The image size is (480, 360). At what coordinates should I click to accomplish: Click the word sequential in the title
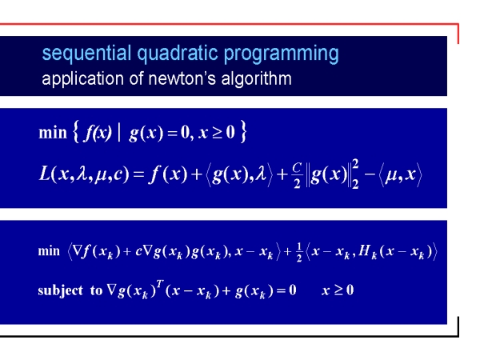[x=86, y=54]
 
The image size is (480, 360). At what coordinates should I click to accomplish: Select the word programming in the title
[x=281, y=54]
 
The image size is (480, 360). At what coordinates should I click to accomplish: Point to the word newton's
[x=182, y=78]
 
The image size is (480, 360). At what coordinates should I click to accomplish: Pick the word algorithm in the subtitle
[x=256, y=78]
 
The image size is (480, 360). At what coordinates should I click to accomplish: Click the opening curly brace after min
[x=76, y=132]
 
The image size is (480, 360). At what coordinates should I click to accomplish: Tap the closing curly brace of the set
[x=243, y=132]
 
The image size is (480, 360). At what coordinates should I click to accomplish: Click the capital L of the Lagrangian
[x=44, y=174]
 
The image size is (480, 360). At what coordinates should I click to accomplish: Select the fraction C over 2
[x=298, y=175]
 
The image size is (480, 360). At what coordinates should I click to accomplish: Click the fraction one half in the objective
[x=299, y=252]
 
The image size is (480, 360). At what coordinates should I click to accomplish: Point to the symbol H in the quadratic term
[x=364, y=250]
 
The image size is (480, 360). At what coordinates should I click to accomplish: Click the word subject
[x=60, y=290]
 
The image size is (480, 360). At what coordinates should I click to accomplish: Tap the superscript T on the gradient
[x=159, y=284]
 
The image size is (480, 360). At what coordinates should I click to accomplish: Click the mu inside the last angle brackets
[x=391, y=174]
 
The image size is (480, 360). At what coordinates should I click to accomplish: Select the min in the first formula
[x=53, y=133]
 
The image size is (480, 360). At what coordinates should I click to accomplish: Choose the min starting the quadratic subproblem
[x=49, y=251]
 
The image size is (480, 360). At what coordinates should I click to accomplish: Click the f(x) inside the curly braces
[x=98, y=133]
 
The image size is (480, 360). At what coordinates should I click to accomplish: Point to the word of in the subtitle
[x=136, y=78]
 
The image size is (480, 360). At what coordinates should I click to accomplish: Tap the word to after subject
[x=96, y=290]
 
